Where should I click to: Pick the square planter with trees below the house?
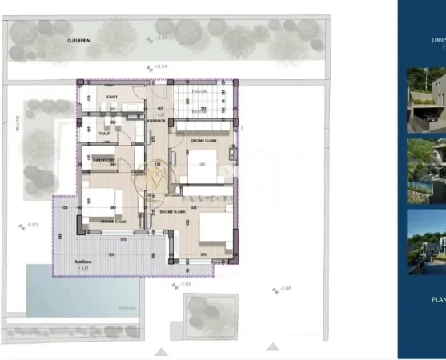211,313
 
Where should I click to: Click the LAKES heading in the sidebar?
436,36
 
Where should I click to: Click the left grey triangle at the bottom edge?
162,351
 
